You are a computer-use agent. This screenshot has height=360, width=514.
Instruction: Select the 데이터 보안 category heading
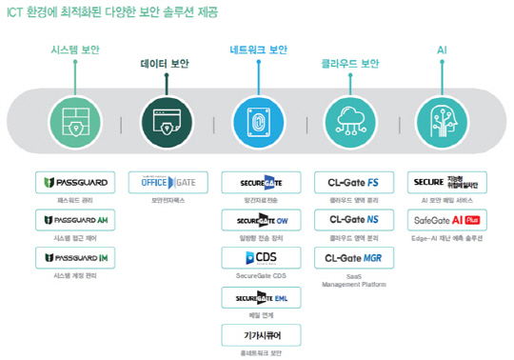click(165, 64)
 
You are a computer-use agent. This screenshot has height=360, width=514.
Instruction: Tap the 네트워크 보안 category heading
click(258, 49)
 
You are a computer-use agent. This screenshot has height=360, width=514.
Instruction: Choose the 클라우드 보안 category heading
click(349, 64)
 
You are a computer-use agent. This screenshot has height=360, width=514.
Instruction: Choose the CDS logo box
click(258, 258)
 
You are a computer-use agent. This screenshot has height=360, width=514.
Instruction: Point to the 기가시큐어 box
click(258, 334)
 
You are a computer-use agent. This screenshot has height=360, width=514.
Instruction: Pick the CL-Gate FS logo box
click(351, 182)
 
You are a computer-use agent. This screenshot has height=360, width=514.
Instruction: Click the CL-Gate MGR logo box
click(351, 257)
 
